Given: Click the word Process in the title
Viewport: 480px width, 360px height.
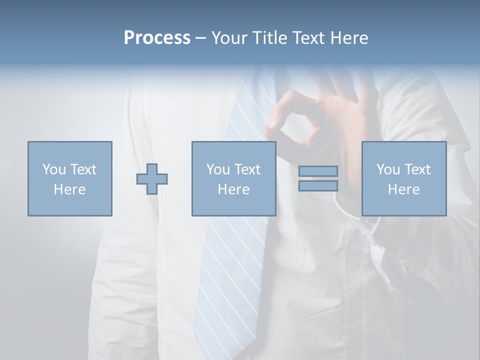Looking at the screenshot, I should pyautogui.click(x=157, y=38).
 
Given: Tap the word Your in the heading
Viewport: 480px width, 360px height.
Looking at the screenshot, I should pyautogui.click(x=228, y=38).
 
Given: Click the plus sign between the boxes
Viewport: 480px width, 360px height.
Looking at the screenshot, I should pyautogui.click(x=152, y=178).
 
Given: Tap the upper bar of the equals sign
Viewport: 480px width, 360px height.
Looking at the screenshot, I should pyautogui.click(x=318, y=171).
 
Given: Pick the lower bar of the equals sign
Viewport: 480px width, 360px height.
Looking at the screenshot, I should pyautogui.click(x=318, y=186).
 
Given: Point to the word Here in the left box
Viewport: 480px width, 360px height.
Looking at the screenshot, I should pyautogui.click(x=69, y=189).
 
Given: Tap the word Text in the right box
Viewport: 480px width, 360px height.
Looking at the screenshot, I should pyautogui.click(x=417, y=169).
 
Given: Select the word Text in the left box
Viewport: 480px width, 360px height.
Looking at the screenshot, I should pyautogui.click(x=83, y=169).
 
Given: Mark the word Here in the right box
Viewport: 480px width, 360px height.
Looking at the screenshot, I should pyautogui.click(x=404, y=189).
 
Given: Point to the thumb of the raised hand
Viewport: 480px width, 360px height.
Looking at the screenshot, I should pyautogui.click(x=272, y=120).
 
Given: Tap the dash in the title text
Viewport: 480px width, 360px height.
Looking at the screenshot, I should pyautogui.click(x=201, y=38).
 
